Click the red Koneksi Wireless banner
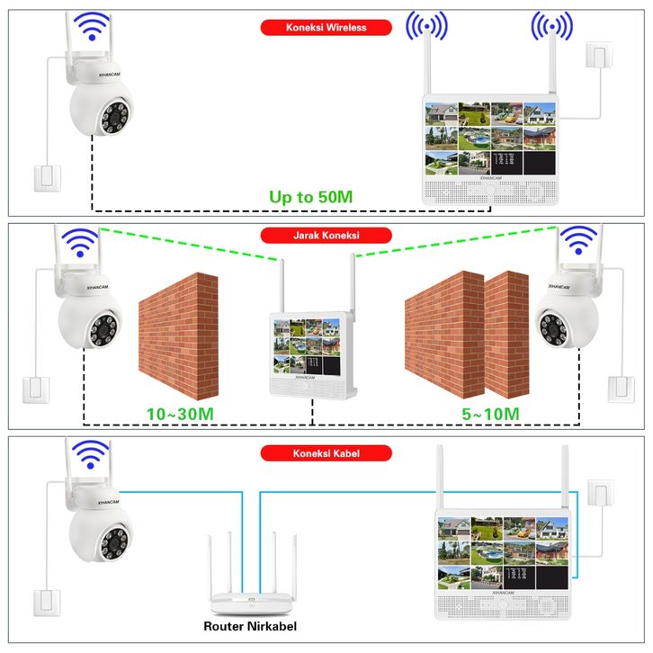pyautogui.click(x=326, y=28)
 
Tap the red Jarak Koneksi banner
pyautogui.click(x=326, y=236)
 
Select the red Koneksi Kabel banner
pyautogui.click(x=326, y=453)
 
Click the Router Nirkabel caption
pyautogui.click(x=249, y=626)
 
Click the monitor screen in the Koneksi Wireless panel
pyautogui.click(x=491, y=138)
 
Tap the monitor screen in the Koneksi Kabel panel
pyautogui.click(x=505, y=550)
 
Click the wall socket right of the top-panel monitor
pyautogui.click(x=597, y=58)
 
